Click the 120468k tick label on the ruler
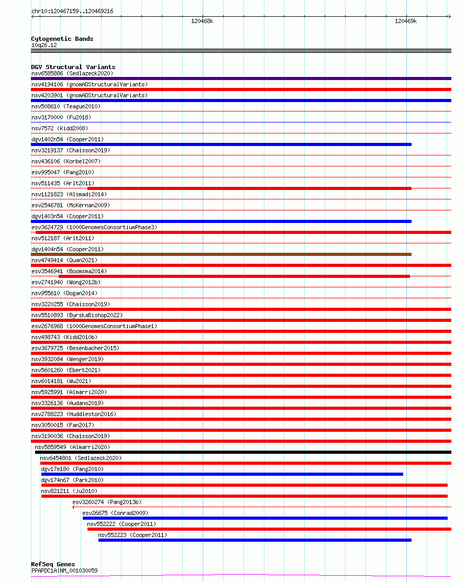click(x=202, y=21)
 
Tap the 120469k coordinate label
click(x=406, y=21)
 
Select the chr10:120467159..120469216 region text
click(x=72, y=11)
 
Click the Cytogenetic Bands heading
click(x=62, y=39)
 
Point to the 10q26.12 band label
click(x=44, y=45)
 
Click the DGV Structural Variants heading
click(x=73, y=67)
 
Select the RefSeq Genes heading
click(x=53, y=564)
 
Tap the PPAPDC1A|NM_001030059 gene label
click(x=64, y=570)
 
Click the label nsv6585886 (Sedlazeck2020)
click(x=72, y=73)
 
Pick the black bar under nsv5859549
click(x=243, y=452)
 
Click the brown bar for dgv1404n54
click(x=221, y=254)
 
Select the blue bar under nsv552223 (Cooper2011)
click(x=254, y=540)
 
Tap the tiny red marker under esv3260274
click(x=73, y=507)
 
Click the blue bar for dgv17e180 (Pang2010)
click(x=222, y=474)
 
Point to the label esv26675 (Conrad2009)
click(x=115, y=513)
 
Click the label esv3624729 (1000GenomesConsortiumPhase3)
click(x=94, y=227)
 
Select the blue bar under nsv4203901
click(x=241, y=100)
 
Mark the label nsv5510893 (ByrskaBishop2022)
click(x=77, y=315)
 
